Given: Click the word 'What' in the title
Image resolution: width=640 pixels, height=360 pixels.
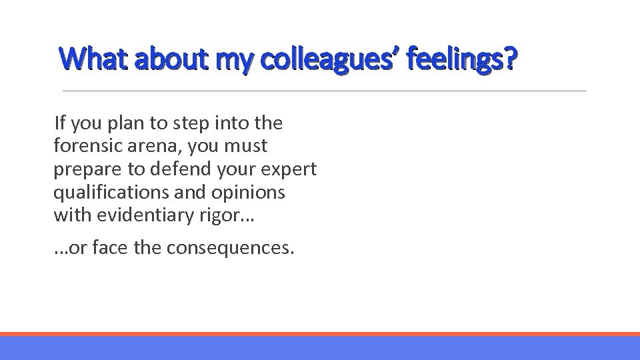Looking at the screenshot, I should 93,60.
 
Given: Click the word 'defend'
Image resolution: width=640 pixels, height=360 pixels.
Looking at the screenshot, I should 172,169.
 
